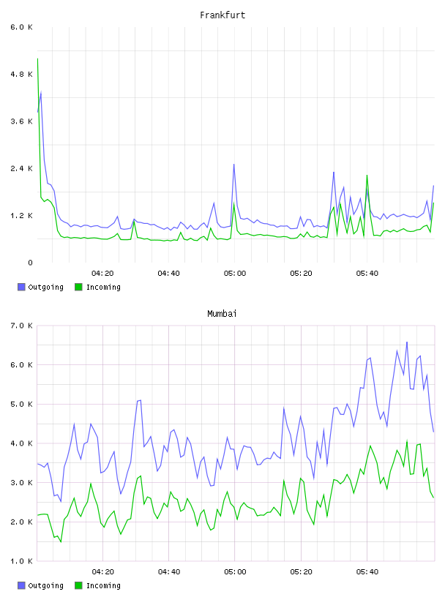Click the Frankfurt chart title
pyautogui.click(x=222, y=15)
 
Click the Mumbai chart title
pyautogui.click(x=222, y=313)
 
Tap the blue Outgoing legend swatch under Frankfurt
pyautogui.click(x=21, y=287)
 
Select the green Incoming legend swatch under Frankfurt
pyautogui.click(x=78, y=287)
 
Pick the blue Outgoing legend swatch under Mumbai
pyautogui.click(x=21, y=585)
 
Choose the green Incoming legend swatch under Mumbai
pyautogui.click(x=78, y=585)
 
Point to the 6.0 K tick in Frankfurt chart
pyautogui.click(x=22, y=27)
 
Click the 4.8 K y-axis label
pyautogui.click(x=22, y=74)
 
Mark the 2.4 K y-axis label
pyautogui.click(x=22, y=169)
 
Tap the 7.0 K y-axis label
pyautogui.click(x=22, y=326)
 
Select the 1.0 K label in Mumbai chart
pyautogui.click(x=22, y=561)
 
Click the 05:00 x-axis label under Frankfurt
pyautogui.click(x=235, y=274)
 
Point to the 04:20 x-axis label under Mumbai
pyautogui.click(x=103, y=572)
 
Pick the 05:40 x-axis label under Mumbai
pyautogui.click(x=367, y=572)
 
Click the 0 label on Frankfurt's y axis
pyautogui.click(x=30, y=263)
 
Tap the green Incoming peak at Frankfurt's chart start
pyautogui.click(x=38, y=59)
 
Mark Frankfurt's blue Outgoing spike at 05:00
pyautogui.click(x=234, y=164)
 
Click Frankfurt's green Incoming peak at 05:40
pyautogui.click(x=367, y=175)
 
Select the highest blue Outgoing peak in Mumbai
pyautogui.click(x=407, y=342)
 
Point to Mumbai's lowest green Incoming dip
pyautogui.click(x=61, y=541)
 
